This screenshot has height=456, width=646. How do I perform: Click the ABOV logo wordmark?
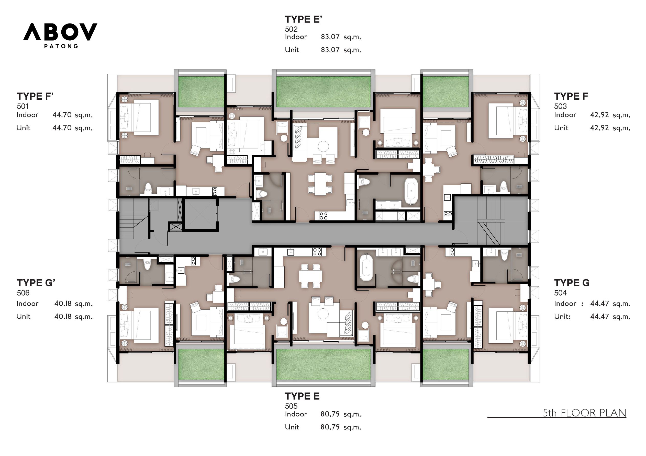pos(60,32)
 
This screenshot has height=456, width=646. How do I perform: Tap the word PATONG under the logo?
pos(61,46)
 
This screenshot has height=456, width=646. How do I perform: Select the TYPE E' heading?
pos(303,19)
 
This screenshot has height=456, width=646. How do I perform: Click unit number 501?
pos(23,106)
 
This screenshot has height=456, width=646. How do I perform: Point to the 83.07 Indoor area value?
pos(330,37)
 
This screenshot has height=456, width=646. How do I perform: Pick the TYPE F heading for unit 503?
pos(571,96)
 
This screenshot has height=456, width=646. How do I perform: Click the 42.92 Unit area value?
pos(599,128)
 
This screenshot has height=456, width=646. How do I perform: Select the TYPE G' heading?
pos(36,283)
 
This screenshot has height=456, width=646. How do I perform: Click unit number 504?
pos(560,293)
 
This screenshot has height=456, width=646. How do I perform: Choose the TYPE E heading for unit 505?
pos(302,396)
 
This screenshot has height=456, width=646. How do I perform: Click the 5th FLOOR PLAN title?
pos(584,413)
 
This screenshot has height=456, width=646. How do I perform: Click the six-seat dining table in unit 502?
pos(320,184)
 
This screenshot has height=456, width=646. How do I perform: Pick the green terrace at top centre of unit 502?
pos(324,92)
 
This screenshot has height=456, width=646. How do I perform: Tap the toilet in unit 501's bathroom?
pos(148,189)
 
